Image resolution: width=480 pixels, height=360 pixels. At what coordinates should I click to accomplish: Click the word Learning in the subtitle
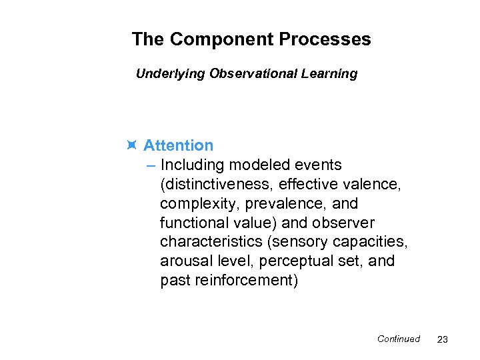pyautogui.click(x=329, y=74)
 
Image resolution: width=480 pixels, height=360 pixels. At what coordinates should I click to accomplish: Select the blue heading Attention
pyautogui.click(x=179, y=145)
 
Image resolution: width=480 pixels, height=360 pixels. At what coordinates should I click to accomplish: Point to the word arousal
pyautogui.click(x=185, y=261)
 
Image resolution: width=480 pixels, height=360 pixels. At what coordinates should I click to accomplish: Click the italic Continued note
pyautogui.click(x=399, y=339)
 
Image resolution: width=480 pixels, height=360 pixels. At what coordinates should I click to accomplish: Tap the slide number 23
pyautogui.click(x=442, y=339)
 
